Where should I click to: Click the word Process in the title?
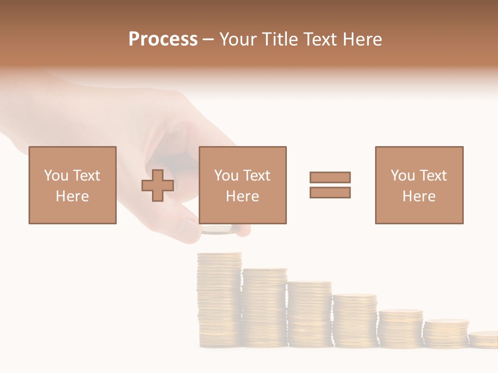click(163, 39)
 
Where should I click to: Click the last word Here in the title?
click(362, 39)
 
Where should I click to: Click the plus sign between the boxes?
click(158, 185)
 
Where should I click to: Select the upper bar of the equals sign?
click(330, 177)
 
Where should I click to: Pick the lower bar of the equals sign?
click(330, 192)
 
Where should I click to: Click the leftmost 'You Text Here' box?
click(73, 185)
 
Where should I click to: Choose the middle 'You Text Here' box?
click(243, 185)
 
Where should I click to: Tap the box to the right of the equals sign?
click(419, 185)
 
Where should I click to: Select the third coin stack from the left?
click(310, 314)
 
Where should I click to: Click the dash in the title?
click(209, 39)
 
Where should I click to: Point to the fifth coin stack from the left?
click(400, 328)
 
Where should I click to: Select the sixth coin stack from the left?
click(446, 334)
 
